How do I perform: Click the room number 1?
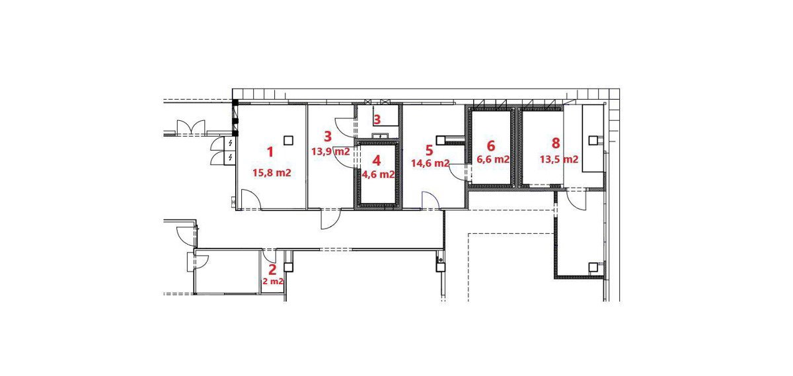[270, 152]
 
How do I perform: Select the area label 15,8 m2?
[272, 172]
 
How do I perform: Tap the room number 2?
[272, 270]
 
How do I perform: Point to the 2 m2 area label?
[272, 282]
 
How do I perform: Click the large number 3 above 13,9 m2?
[328, 136]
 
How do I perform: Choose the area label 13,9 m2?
[330, 151]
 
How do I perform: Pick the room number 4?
[377, 161]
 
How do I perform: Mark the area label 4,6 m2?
[378, 174]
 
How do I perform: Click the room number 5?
[429, 150]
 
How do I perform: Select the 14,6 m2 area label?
[430, 163]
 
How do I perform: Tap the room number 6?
[491, 145]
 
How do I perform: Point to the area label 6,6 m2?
[493, 159]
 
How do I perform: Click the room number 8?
[556, 143]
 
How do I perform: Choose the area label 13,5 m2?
[559, 159]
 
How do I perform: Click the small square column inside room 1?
[289, 141]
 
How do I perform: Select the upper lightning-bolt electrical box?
[230, 143]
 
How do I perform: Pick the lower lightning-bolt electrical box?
[230, 158]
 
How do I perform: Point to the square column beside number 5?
[440, 140]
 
